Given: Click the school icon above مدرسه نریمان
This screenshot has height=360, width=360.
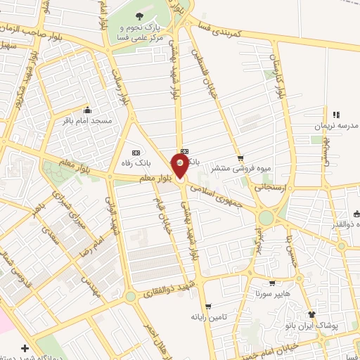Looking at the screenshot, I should click(335, 115).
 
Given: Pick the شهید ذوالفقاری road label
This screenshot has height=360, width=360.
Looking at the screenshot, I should click(172, 292).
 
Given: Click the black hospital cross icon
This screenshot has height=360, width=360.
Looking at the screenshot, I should click(25, 348).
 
